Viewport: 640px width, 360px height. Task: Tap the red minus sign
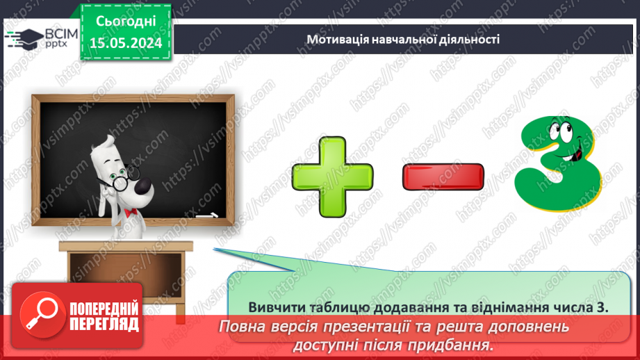click(443, 177)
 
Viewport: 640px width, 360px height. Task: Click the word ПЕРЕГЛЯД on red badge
click(104, 323)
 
